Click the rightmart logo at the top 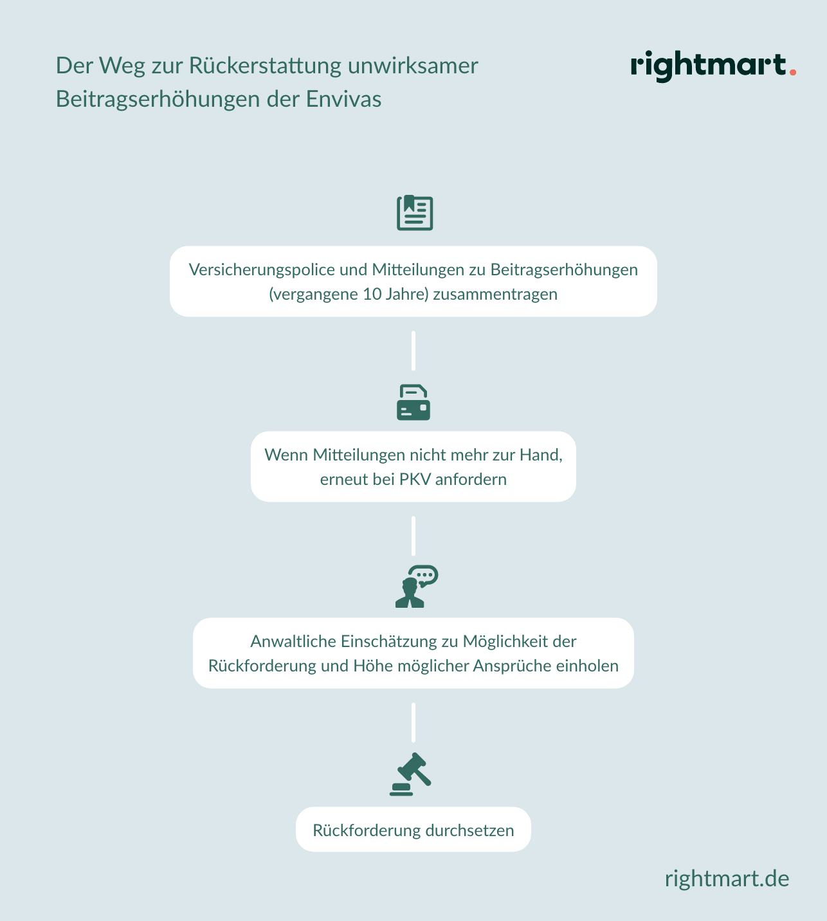click(713, 66)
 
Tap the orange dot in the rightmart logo click(793, 72)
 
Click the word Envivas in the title click(343, 99)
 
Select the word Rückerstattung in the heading click(265, 66)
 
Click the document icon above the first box click(415, 213)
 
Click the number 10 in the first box click(372, 294)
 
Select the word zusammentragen click(495, 295)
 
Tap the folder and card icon click(413, 403)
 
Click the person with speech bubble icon click(417, 587)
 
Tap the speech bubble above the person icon click(424, 576)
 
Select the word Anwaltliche click(293, 641)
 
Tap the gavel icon click(410, 774)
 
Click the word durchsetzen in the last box click(469, 830)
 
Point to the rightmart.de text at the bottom click(727, 879)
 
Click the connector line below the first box click(413, 351)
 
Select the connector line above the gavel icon click(413, 722)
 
